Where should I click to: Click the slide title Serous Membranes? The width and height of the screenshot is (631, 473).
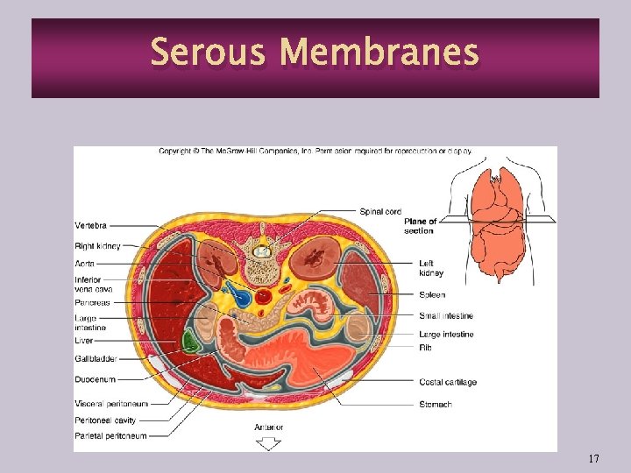point(315,53)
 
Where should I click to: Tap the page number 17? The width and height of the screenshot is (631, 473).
point(593,458)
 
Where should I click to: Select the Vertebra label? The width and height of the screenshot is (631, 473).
point(91,226)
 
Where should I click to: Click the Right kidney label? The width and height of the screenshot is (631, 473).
point(97,246)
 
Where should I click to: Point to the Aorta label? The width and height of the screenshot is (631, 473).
point(85,264)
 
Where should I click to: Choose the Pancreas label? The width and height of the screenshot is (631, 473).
point(92,302)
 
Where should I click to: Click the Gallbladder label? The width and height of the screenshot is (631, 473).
point(96,359)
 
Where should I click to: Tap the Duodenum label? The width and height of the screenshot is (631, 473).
point(95,379)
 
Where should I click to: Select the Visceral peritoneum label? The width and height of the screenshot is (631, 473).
point(111,404)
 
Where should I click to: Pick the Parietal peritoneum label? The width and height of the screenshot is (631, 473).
point(111,435)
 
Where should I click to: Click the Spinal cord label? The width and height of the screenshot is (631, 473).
point(380,211)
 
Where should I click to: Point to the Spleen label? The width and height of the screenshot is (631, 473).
point(431,295)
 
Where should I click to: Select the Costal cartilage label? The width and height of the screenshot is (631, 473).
point(447,382)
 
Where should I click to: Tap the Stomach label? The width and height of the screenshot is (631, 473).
point(435,405)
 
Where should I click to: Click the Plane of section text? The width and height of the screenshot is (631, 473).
point(420,226)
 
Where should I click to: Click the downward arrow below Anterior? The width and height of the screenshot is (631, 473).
point(267,443)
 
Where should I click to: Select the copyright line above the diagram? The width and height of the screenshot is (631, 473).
point(315,151)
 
